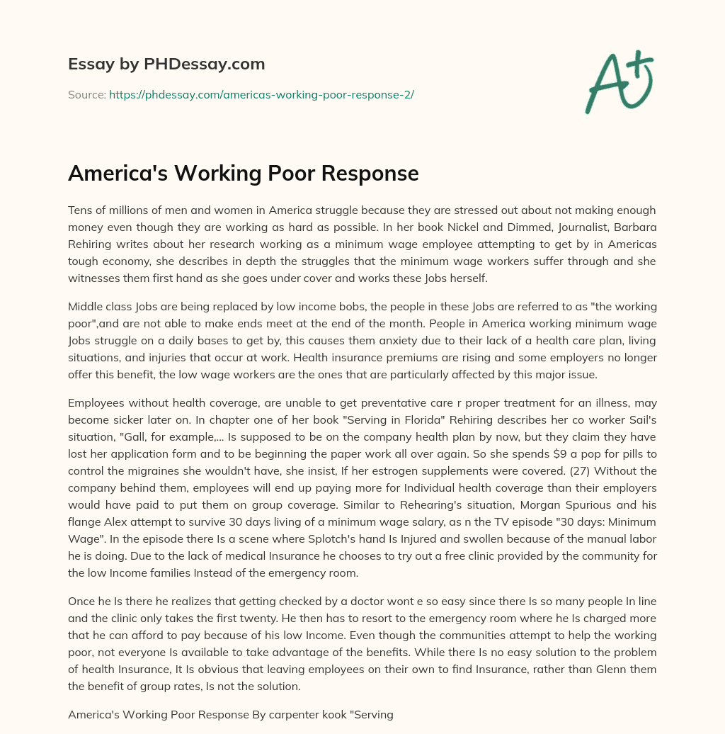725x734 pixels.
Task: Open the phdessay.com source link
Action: coord(261,94)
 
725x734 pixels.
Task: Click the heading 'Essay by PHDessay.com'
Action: coord(166,64)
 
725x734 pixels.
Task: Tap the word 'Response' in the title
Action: coord(372,174)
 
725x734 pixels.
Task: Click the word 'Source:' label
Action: coord(86,94)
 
